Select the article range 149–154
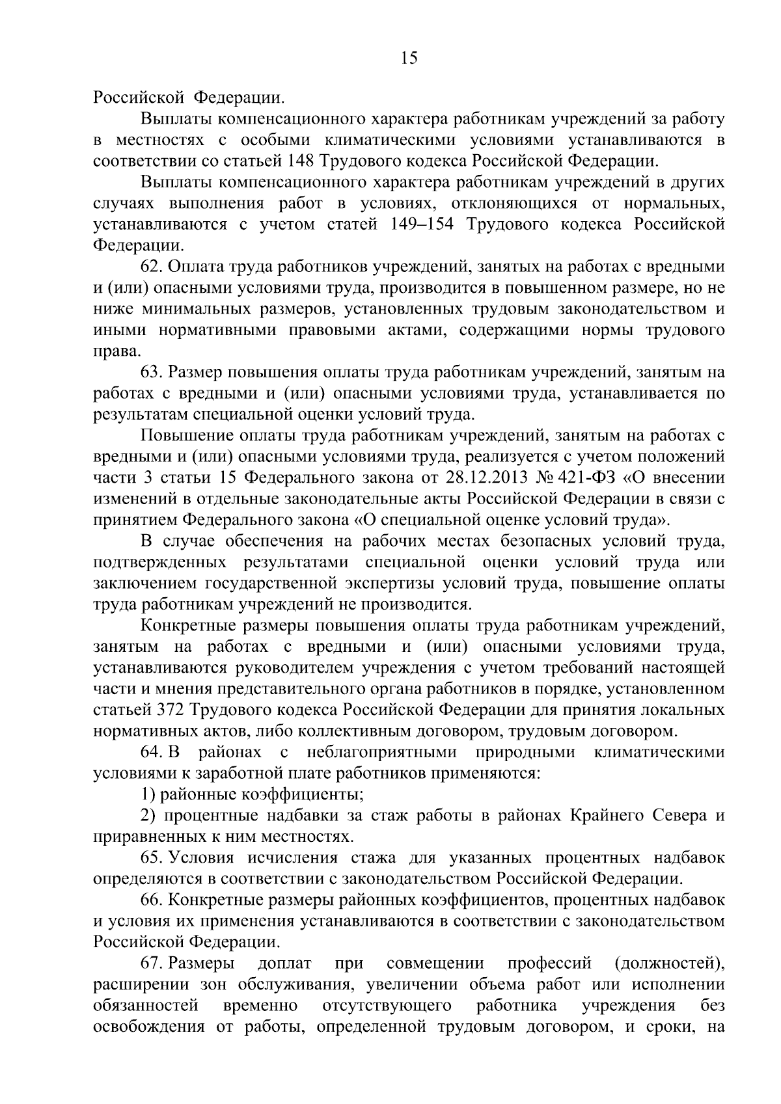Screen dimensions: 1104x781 pos(418,224)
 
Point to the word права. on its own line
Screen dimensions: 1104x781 pos(116,352)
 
